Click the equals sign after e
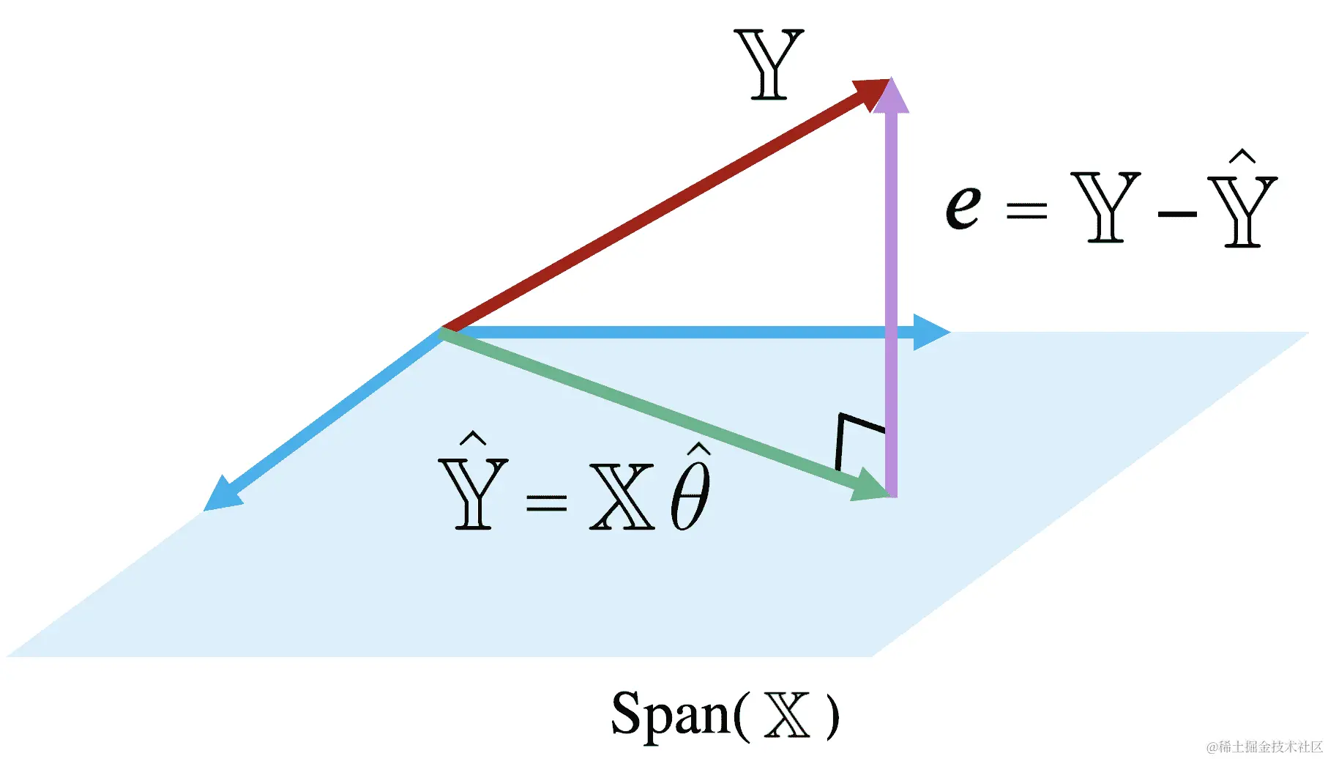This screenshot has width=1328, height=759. tap(1026, 211)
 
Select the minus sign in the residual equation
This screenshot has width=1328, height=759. tap(1176, 214)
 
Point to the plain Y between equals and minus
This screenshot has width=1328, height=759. tap(1105, 207)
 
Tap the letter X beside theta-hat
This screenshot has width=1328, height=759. tap(622, 497)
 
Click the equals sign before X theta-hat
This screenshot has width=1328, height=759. tap(546, 503)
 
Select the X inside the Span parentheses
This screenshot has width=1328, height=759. tap(788, 715)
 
